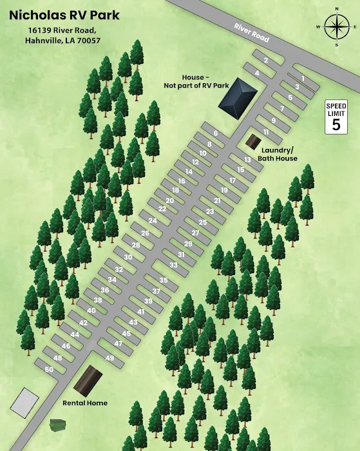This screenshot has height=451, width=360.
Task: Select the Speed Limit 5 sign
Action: coord(336,117)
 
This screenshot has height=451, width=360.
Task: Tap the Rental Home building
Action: coord(88,381)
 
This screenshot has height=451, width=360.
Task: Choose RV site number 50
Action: coord(49,369)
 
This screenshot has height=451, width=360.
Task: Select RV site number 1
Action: coord(302,79)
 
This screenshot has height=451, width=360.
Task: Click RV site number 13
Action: coord(247,160)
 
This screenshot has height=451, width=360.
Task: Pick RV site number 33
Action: coord(173,265)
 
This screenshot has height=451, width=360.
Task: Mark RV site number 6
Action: coord(216,133)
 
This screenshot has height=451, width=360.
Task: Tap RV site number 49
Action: coord(109,358)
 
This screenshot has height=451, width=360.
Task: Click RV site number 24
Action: coord(153,220)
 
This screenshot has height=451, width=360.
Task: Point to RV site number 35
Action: coord(164,280)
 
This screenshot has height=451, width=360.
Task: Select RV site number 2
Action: coord(265,61)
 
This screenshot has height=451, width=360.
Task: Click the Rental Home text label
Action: coord(84,403)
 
